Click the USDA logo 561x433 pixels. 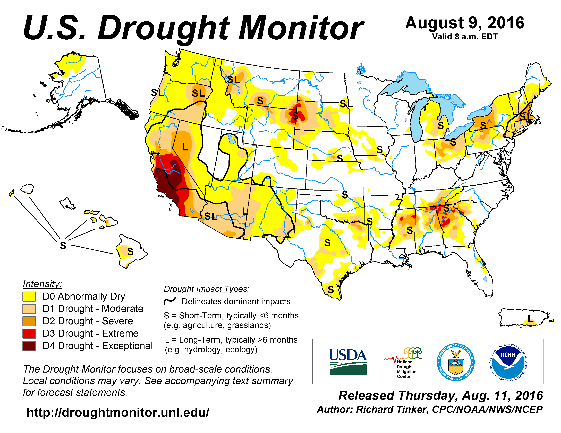[x=348, y=362]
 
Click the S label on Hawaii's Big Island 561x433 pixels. [x=130, y=252]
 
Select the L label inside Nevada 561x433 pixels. [x=185, y=147]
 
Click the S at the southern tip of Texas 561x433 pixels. [x=331, y=290]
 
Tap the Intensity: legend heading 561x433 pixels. [x=42, y=284]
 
